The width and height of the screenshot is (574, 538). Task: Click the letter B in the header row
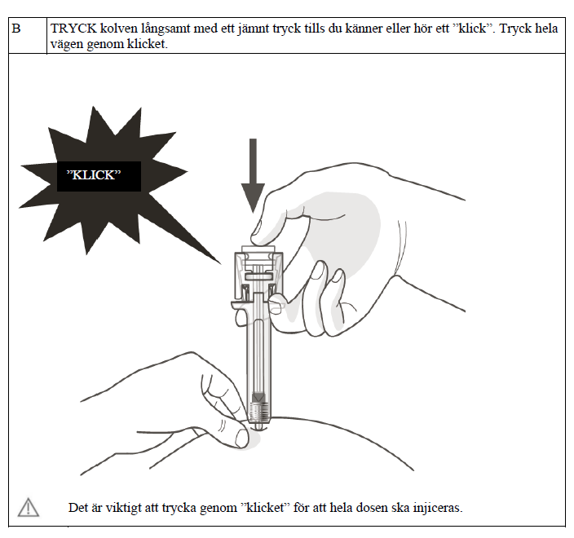coord(16,29)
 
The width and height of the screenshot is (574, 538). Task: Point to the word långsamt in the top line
coord(166,29)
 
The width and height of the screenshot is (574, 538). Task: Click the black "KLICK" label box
coord(98,175)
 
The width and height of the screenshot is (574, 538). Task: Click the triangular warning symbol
coord(29,507)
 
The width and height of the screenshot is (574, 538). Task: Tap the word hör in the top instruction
coord(417,29)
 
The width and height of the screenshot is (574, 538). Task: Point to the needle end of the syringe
coord(259,424)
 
